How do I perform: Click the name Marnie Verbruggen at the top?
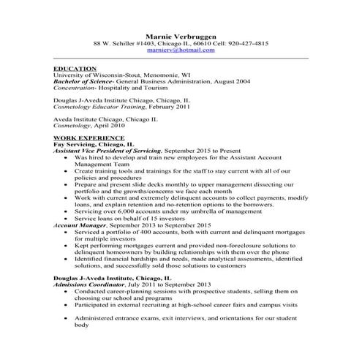181,34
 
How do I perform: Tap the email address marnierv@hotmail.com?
181,50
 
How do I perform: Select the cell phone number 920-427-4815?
246,43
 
